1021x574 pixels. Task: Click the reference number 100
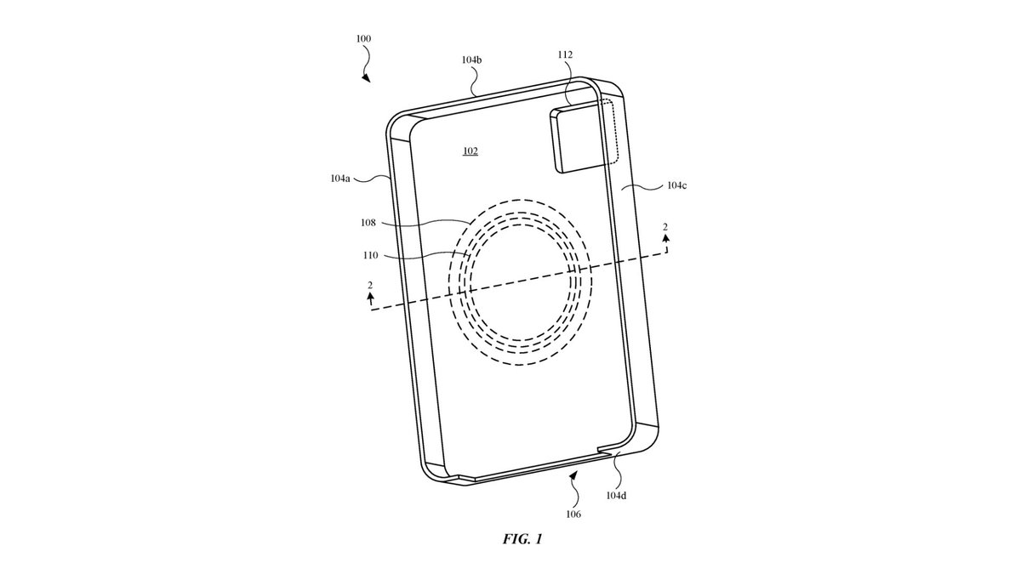[363, 39]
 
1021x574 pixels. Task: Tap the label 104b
[471, 60]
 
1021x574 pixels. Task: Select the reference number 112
[565, 54]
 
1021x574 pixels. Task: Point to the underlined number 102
[471, 151]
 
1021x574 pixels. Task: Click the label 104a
[340, 178]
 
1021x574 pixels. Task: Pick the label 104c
[677, 185]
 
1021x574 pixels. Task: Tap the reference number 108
[368, 223]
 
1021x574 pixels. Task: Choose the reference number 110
[371, 256]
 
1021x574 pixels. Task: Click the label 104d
[616, 496]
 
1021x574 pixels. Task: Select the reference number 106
[573, 514]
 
